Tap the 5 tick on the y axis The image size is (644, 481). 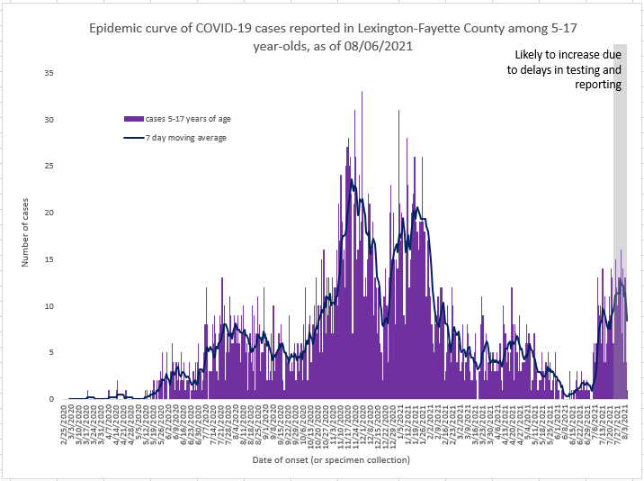(x=52, y=352)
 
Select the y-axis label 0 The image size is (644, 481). (x=52, y=399)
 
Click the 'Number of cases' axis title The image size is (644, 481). (x=26, y=236)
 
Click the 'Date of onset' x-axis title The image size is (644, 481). (x=345, y=460)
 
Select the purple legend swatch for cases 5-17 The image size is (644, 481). (x=134, y=118)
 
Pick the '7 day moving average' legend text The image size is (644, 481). (x=186, y=138)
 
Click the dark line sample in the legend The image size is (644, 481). (x=134, y=138)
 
